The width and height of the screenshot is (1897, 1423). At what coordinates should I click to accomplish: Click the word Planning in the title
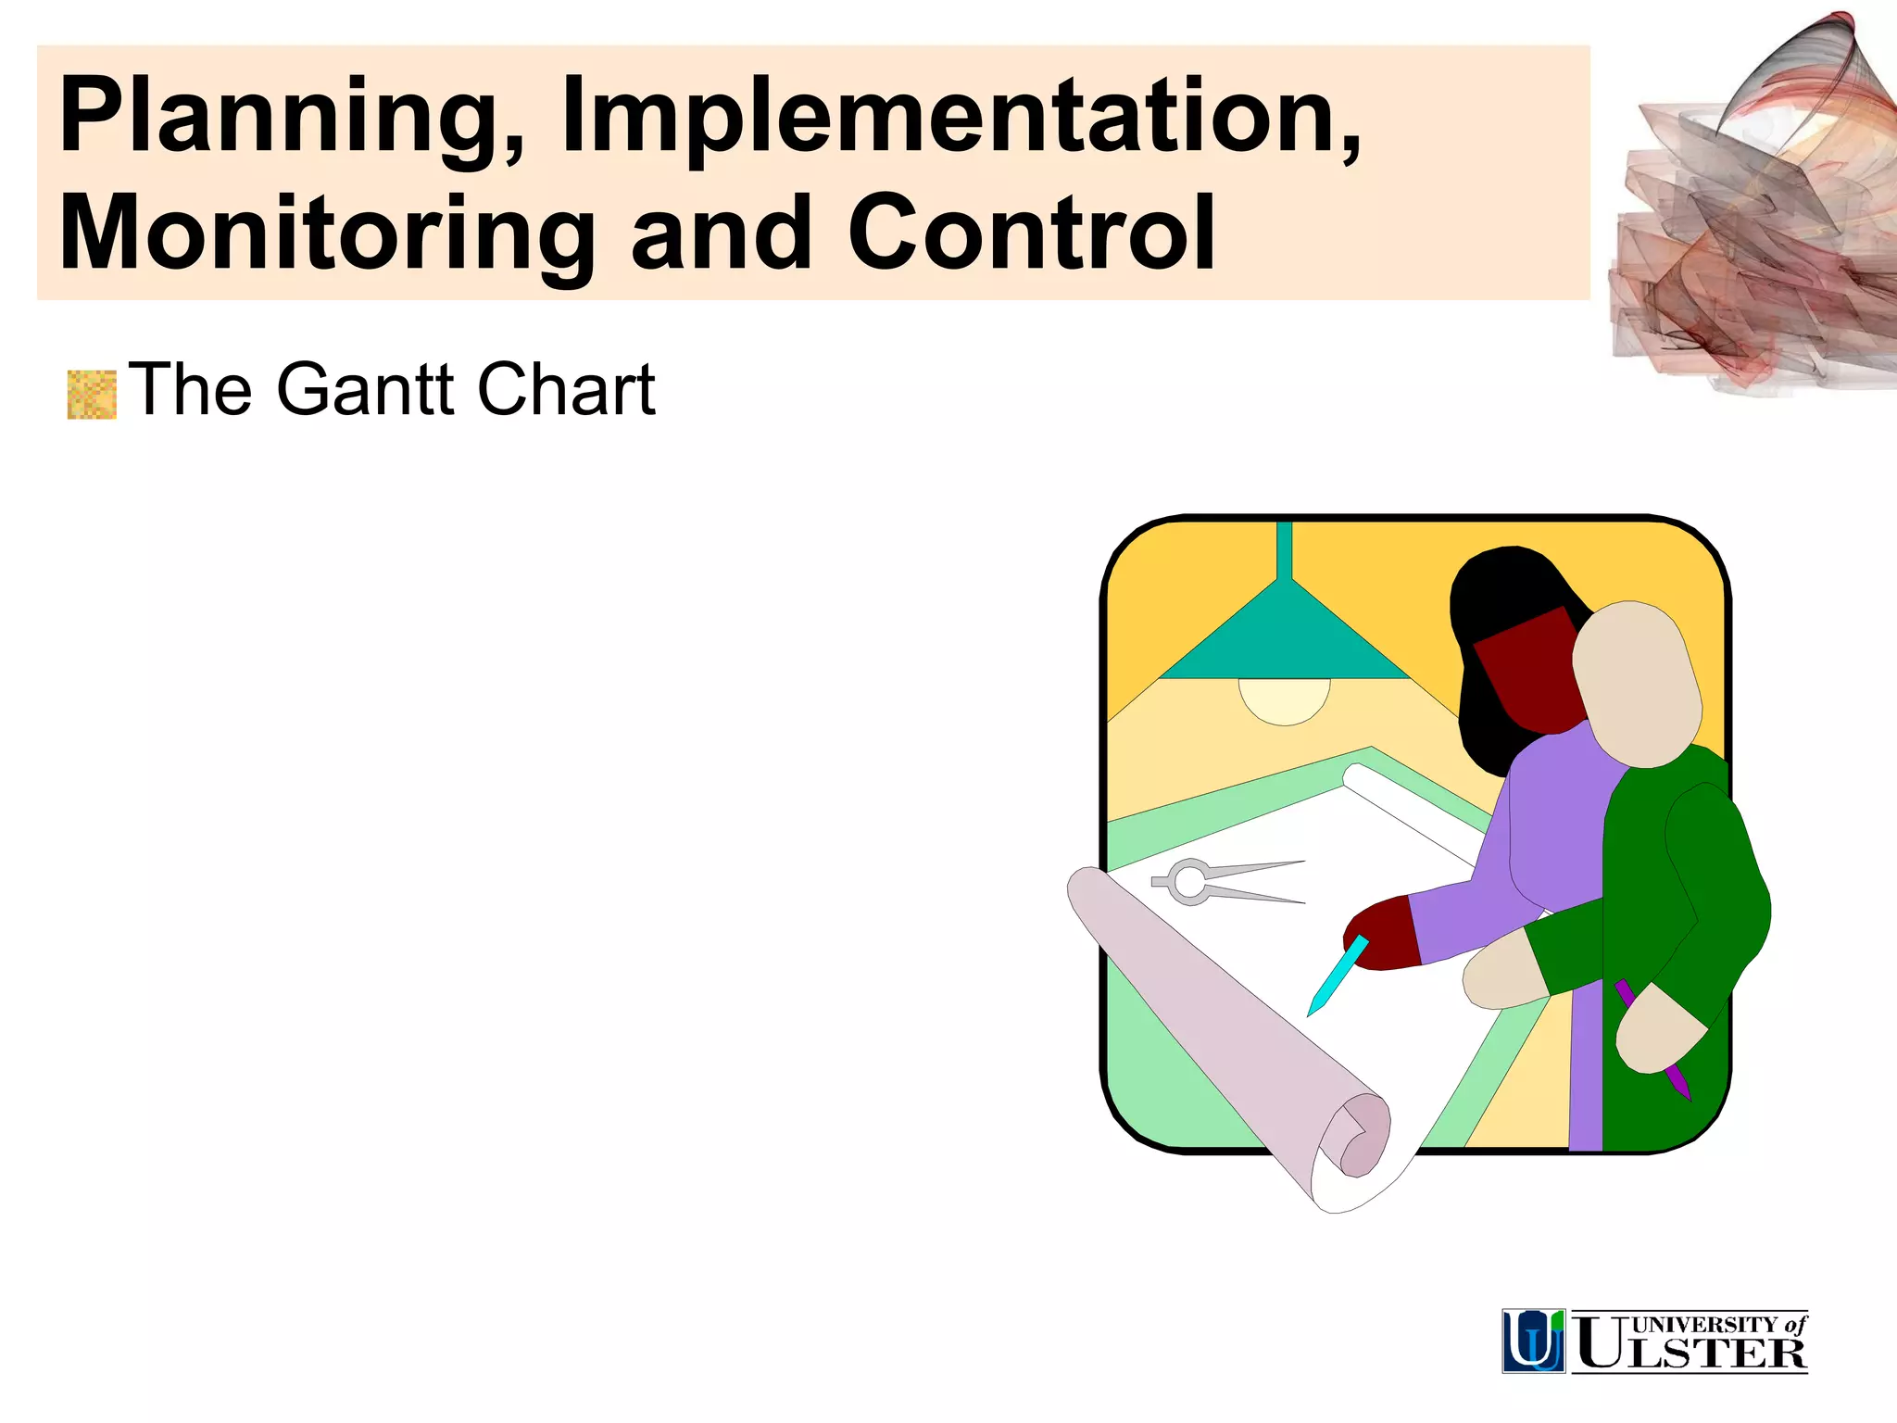click(282, 118)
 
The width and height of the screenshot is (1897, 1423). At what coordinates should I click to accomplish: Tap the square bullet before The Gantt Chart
click(92, 395)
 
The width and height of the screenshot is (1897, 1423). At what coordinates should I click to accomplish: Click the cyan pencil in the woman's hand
click(1338, 975)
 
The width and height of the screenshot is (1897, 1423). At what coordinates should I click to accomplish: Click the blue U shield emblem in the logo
click(1533, 1341)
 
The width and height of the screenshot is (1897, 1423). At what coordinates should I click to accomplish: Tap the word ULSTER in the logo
click(1691, 1352)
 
